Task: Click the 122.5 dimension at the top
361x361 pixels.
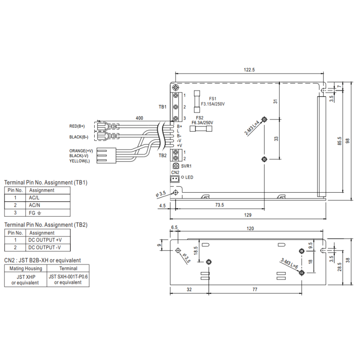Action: [x=249, y=69]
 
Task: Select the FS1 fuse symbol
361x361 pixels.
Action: [x=197, y=101]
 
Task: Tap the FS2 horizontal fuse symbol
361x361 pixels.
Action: [x=201, y=129]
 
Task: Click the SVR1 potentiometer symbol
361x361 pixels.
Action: [x=176, y=166]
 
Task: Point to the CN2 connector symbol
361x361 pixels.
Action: [x=175, y=179]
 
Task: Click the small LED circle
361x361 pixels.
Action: [x=183, y=177]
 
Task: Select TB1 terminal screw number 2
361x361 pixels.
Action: [x=176, y=107]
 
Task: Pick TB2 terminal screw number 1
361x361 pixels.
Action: [x=176, y=152]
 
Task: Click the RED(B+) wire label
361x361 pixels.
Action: [x=77, y=126]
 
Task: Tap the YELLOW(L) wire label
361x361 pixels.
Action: [x=79, y=161]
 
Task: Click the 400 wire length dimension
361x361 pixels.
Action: [x=139, y=118]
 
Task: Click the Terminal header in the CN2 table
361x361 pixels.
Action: [x=68, y=268]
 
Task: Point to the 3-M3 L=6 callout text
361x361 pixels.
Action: [x=289, y=264]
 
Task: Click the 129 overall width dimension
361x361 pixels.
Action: [x=248, y=215]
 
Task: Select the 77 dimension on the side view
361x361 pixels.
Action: [x=255, y=289]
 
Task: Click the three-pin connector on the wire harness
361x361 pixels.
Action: [x=106, y=156]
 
